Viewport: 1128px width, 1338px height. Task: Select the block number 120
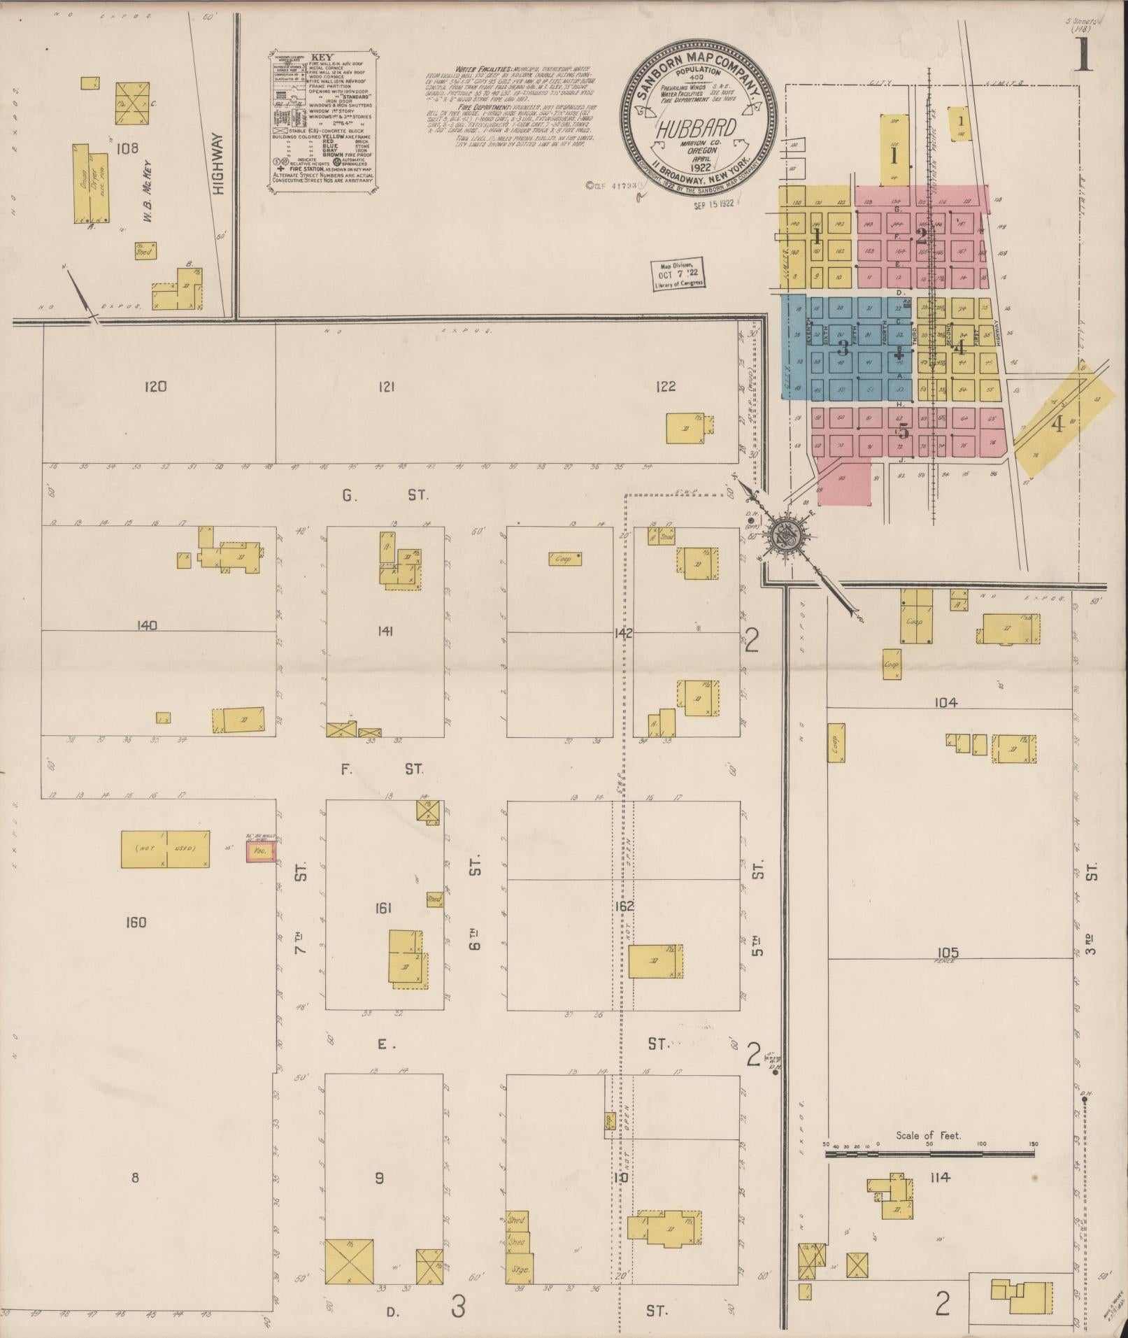[155, 386]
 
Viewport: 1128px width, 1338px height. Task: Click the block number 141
[385, 632]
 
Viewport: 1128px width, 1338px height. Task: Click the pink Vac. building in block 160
[260, 853]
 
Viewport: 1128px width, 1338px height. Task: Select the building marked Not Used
[166, 849]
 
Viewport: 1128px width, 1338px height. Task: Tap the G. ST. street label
[385, 495]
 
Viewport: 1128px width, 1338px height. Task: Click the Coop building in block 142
[566, 559]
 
